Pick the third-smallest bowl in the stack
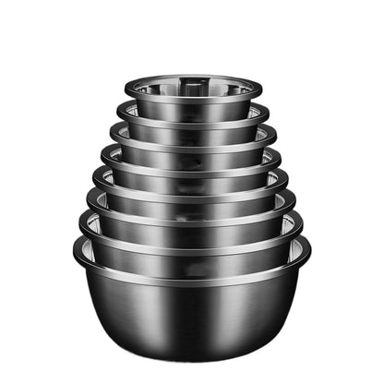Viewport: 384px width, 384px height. [x=193, y=147]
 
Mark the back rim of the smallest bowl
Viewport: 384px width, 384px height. [x=193, y=77]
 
